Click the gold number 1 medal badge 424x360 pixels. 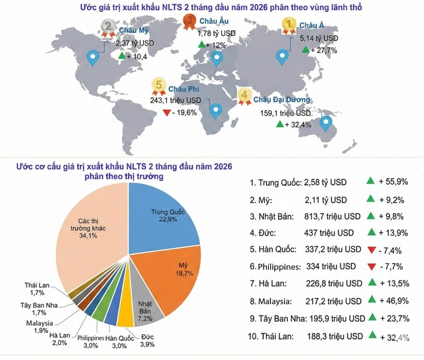[288, 26]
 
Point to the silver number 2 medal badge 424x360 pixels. [108, 28]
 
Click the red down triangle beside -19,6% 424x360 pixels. [166, 112]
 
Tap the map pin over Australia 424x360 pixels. [325, 123]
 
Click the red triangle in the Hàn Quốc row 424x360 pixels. [372, 249]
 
